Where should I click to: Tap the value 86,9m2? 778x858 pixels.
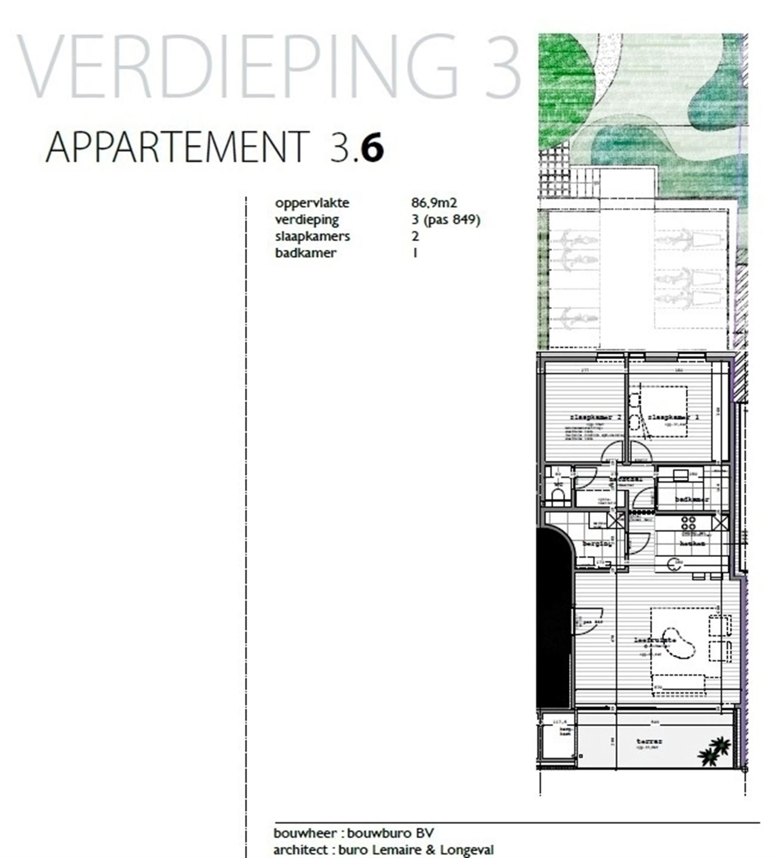(434, 203)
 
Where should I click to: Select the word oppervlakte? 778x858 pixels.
(312, 203)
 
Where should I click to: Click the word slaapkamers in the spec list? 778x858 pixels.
(312, 236)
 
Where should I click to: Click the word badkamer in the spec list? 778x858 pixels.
(306, 253)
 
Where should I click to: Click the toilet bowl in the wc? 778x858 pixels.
(557, 495)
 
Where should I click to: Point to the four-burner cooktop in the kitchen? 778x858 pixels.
(688, 523)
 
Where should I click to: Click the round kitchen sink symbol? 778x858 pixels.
(673, 564)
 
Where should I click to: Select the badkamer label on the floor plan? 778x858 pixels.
(692, 499)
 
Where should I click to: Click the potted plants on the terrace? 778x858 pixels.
(715, 751)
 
